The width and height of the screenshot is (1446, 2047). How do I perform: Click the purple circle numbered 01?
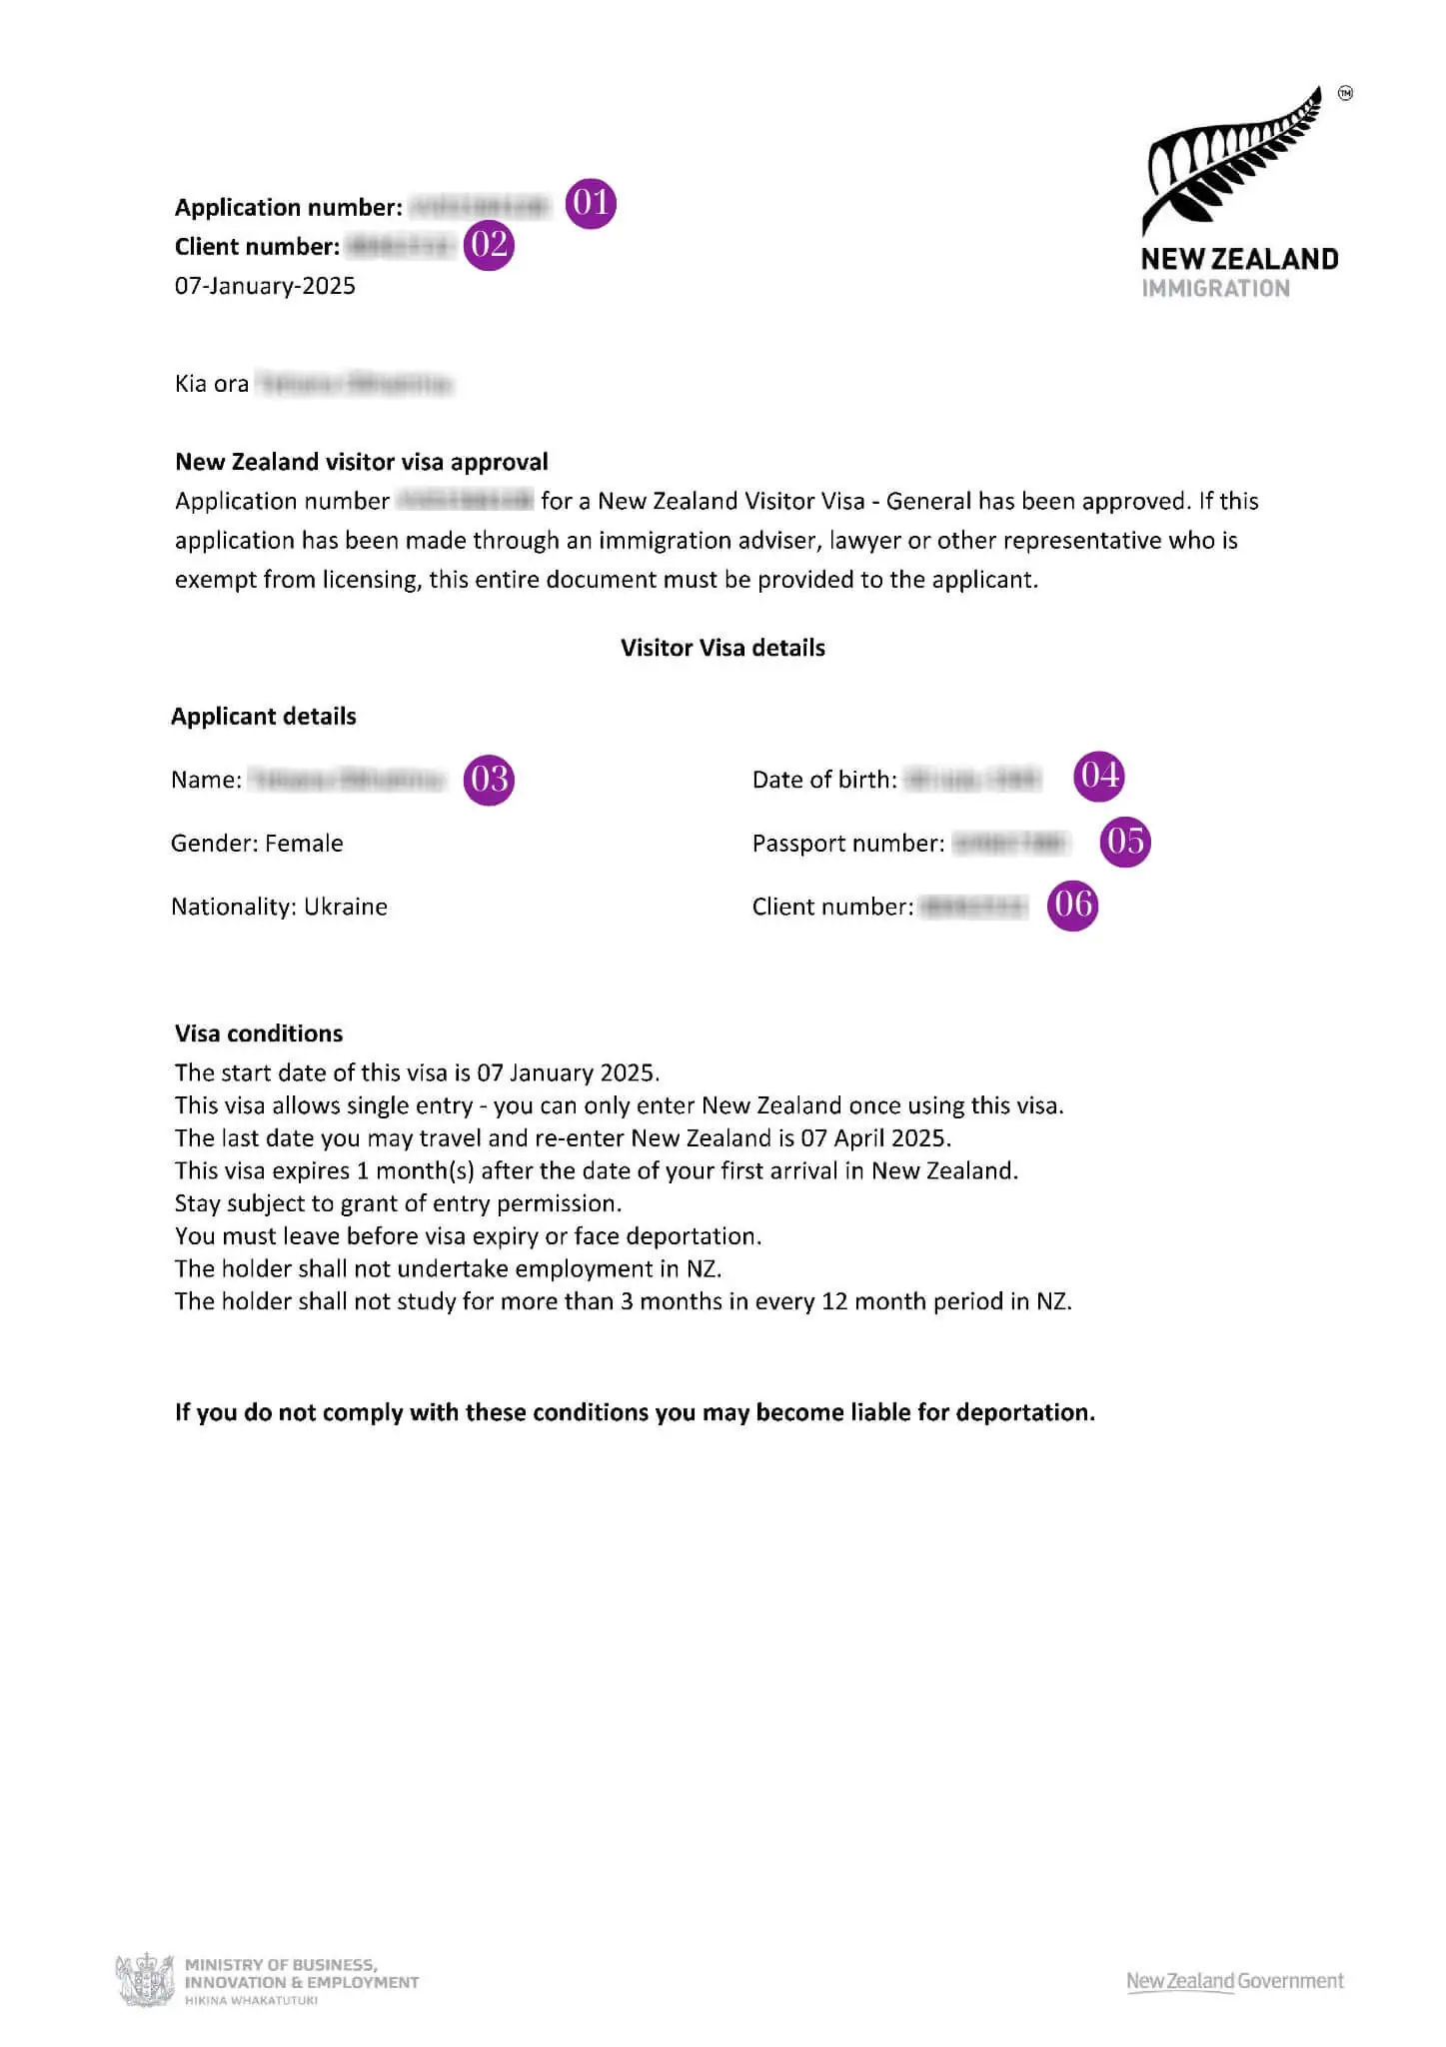591,204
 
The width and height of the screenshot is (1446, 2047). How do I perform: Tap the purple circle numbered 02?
489,245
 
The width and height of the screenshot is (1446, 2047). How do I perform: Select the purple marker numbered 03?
489,780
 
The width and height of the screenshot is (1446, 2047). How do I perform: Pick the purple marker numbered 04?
1099,776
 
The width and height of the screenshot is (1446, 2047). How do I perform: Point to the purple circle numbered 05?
1125,842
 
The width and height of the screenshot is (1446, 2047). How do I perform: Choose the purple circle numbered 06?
1072,906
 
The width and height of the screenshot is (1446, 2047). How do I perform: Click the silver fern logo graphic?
1235,160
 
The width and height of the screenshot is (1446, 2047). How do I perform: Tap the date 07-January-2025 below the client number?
265,286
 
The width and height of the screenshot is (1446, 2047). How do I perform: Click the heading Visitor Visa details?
723,648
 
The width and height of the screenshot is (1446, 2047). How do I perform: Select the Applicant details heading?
264,717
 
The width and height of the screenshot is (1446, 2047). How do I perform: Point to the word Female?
304,844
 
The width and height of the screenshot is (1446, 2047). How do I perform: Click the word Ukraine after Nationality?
346,907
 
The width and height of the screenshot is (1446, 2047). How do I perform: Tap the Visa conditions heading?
259,1033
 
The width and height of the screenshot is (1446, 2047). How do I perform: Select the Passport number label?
847,844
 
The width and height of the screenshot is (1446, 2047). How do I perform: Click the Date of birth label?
824,780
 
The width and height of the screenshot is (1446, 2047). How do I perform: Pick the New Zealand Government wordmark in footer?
1235,1981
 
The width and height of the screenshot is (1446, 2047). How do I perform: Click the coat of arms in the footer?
146,1980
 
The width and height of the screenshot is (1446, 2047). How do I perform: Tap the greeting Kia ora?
212,384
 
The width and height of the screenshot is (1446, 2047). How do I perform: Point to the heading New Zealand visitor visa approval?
362,462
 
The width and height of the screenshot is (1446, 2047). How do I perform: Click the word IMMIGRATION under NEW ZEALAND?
1215,289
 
